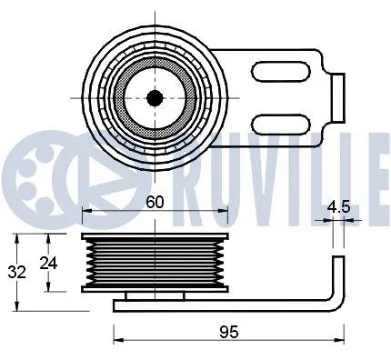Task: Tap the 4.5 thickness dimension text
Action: pyautogui.click(x=338, y=206)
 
